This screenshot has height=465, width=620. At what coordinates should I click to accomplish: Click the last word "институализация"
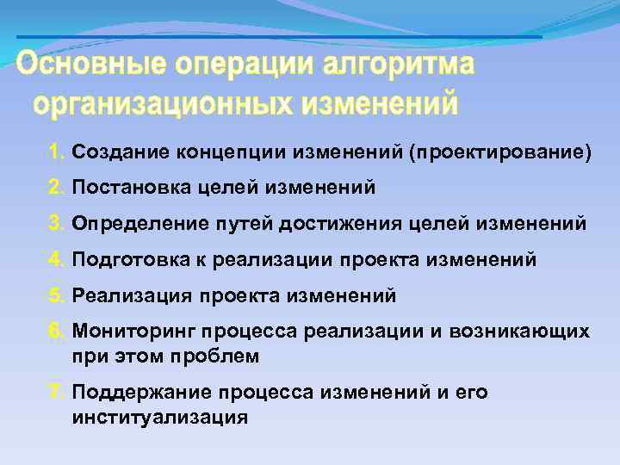point(160,417)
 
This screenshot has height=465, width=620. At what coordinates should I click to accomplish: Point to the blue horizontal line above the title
point(279,37)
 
